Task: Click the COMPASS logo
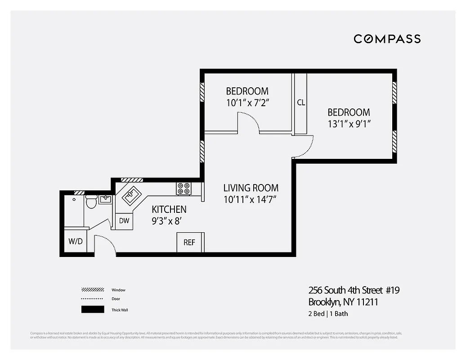[x=387, y=39]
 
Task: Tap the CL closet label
[x=301, y=103]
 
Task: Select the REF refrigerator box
[x=190, y=243]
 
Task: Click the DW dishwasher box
[x=124, y=220]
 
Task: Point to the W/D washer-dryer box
[x=76, y=241]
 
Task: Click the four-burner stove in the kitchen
[x=184, y=188]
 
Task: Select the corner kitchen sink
[x=130, y=195]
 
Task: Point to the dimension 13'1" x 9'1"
[x=349, y=124]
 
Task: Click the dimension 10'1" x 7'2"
[x=247, y=103]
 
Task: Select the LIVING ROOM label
[x=251, y=188]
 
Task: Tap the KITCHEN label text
[x=169, y=209]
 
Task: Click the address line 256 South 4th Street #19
[x=354, y=290]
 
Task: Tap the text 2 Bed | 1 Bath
[x=328, y=314]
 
